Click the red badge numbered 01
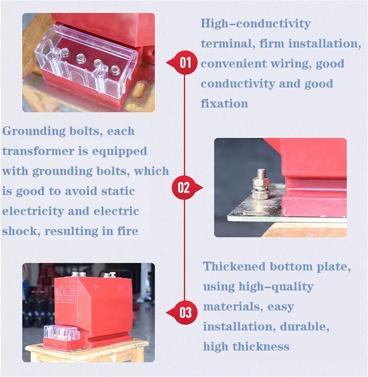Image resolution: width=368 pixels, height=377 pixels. click(x=185, y=63)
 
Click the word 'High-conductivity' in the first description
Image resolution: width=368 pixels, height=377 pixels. click(x=256, y=24)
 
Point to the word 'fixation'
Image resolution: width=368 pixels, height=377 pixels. click(x=224, y=103)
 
